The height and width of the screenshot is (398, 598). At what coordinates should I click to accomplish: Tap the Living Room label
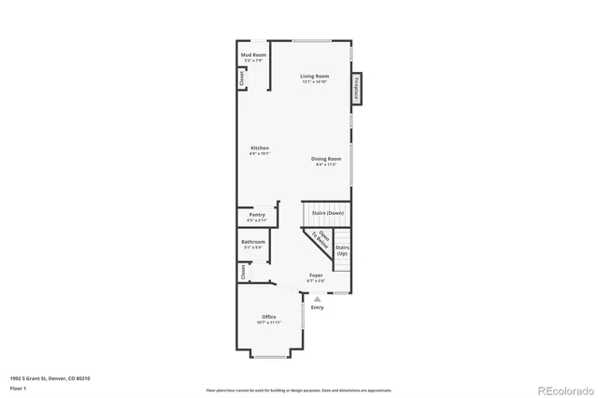pyautogui.click(x=314, y=77)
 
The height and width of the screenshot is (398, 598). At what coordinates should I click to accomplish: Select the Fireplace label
pyautogui.click(x=356, y=90)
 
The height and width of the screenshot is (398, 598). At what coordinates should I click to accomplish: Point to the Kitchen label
pyautogui.click(x=260, y=149)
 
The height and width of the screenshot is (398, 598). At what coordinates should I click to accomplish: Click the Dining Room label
pyautogui.click(x=326, y=159)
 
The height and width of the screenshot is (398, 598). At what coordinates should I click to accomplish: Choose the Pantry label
pyautogui.click(x=257, y=215)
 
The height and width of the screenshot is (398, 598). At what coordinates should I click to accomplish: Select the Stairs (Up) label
pyautogui.click(x=342, y=250)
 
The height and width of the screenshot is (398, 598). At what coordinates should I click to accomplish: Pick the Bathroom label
pyautogui.click(x=254, y=243)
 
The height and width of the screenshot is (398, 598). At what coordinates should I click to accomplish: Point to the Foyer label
pyautogui.click(x=317, y=276)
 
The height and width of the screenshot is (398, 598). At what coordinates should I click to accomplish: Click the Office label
pyautogui.click(x=269, y=318)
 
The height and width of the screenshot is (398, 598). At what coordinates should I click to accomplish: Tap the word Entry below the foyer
pyautogui.click(x=317, y=307)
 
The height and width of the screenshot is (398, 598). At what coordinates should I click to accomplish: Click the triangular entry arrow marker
pyautogui.click(x=317, y=298)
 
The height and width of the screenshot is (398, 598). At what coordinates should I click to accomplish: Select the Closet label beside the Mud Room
pyautogui.click(x=241, y=80)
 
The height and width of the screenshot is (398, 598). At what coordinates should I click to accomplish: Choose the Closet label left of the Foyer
pyautogui.click(x=242, y=272)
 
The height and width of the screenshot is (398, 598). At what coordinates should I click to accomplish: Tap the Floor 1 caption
pyautogui.click(x=19, y=388)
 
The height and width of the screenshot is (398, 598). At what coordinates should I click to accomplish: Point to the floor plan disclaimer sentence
pyautogui.click(x=299, y=390)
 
